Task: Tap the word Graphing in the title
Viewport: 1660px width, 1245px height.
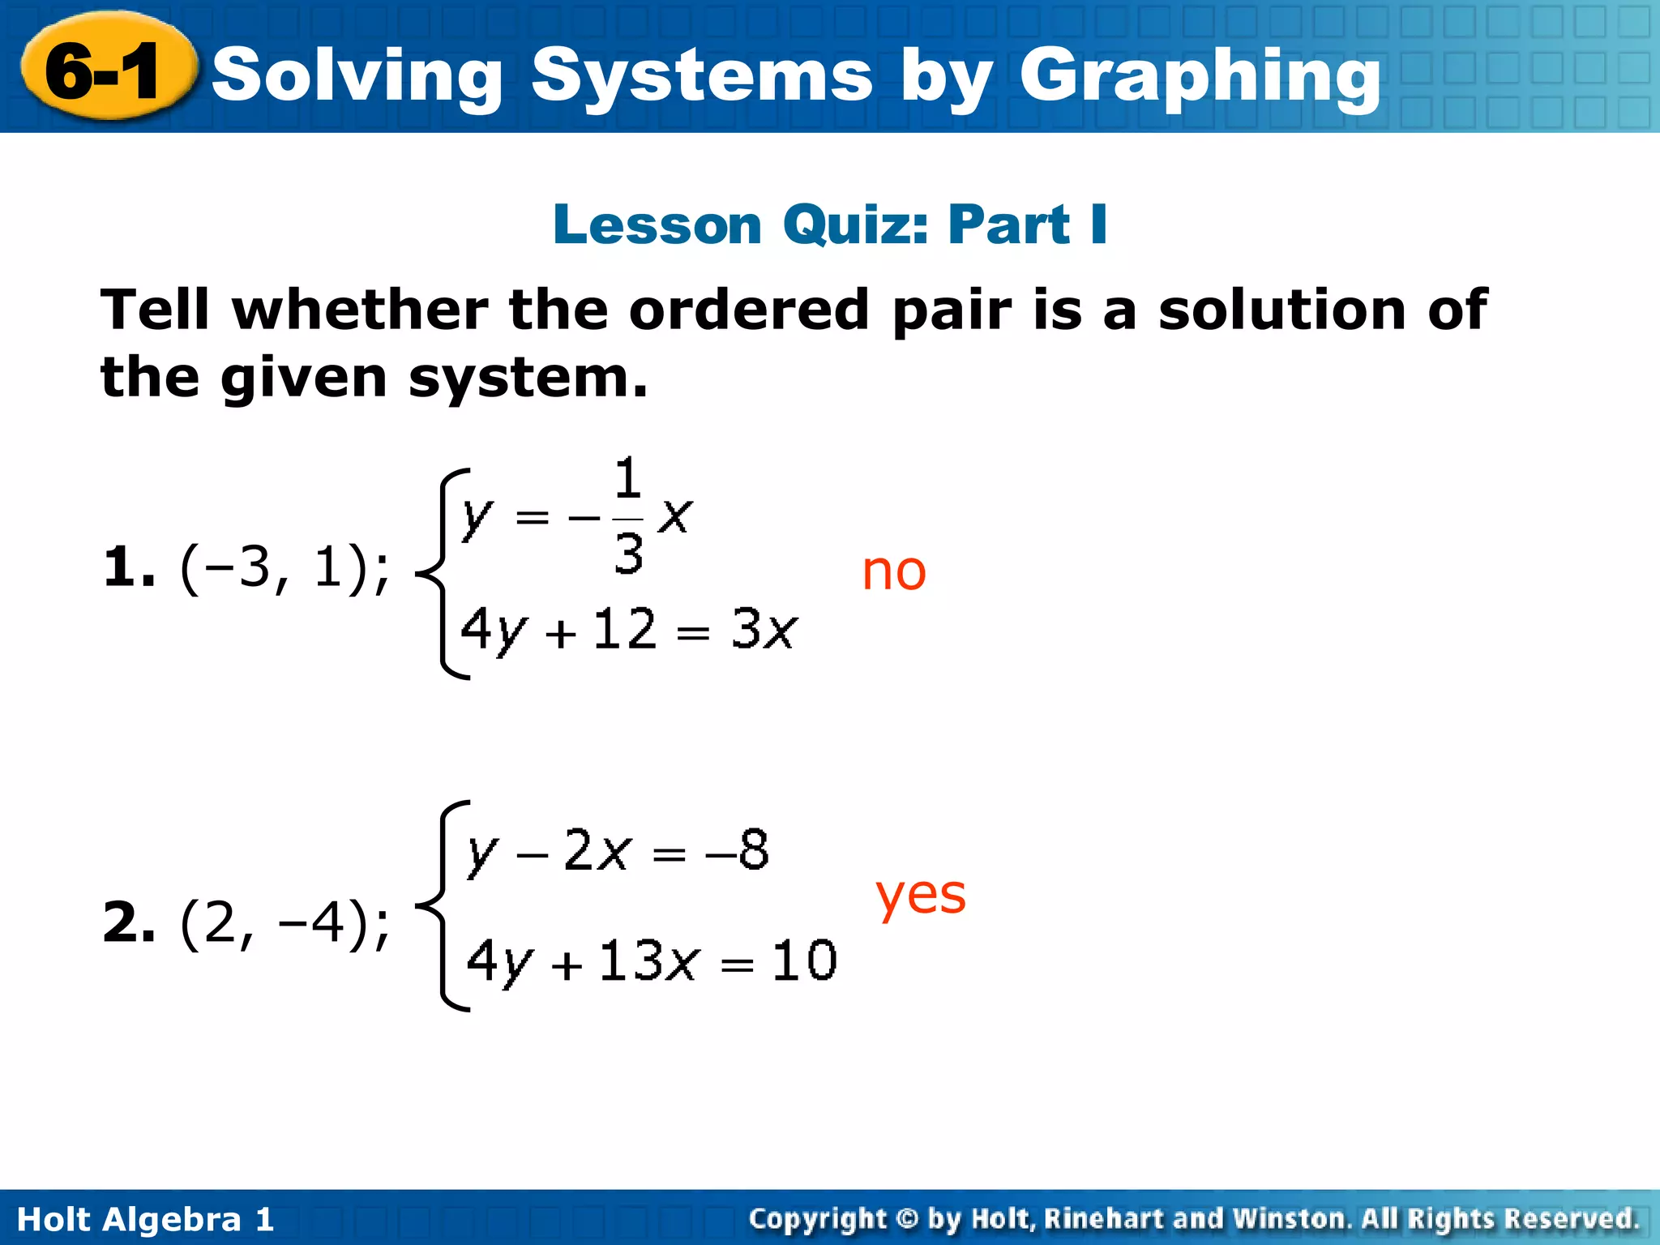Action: coord(1200,76)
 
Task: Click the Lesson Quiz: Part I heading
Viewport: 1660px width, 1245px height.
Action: coord(830,225)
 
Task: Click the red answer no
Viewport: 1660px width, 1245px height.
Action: coord(893,571)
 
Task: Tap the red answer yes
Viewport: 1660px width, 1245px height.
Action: coord(921,896)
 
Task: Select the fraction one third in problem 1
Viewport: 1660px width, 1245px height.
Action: coord(628,516)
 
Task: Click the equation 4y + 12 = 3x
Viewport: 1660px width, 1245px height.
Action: coord(629,630)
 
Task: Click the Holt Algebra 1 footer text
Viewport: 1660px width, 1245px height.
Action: coord(146,1219)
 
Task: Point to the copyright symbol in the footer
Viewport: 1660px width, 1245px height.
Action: coord(907,1219)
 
